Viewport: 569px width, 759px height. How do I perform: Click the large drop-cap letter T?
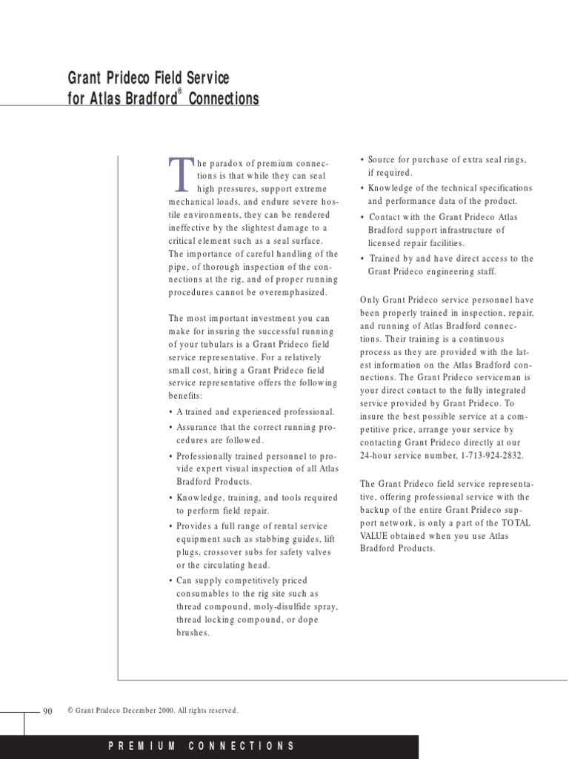[x=179, y=172]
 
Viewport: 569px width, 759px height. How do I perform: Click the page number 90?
[x=48, y=711]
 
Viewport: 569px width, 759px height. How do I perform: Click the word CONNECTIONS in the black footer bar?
[x=242, y=746]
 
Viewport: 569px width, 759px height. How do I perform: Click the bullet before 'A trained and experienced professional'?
[x=171, y=412]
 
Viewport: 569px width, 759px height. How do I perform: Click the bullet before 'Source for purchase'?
[x=362, y=160]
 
